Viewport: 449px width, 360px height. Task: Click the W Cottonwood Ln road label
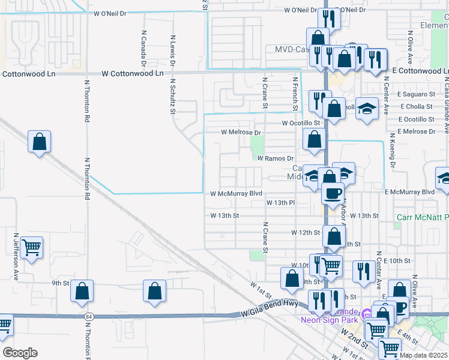tap(132, 73)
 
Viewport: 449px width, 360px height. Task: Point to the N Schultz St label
tap(172, 96)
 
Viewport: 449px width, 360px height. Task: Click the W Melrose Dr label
tap(241, 132)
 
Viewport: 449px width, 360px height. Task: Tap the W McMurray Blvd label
tap(237, 193)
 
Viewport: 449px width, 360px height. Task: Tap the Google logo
tap(20, 353)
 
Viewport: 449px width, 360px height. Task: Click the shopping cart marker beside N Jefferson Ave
tap(32, 247)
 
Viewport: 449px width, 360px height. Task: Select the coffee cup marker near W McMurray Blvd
tap(333, 193)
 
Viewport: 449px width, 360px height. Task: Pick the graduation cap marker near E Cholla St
tap(367, 109)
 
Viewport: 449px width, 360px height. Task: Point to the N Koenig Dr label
tap(393, 150)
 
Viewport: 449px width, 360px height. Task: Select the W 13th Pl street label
tap(281, 203)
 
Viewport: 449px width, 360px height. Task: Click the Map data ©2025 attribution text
tap(423, 355)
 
